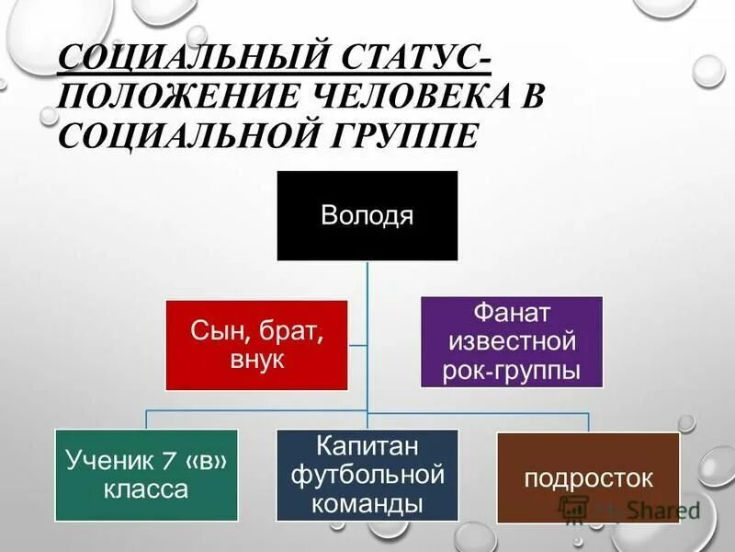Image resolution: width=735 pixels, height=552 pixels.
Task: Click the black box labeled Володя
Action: (367, 214)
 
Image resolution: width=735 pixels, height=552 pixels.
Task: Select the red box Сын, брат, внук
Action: (256, 344)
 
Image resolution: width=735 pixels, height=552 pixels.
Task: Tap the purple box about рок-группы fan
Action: (511, 341)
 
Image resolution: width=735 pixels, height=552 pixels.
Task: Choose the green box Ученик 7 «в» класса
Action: (146, 475)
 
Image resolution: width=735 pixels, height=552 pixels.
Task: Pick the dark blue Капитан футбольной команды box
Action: (367, 475)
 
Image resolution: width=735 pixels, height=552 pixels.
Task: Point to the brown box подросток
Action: (588, 477)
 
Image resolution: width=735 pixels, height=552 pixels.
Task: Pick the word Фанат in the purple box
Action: (511, 313)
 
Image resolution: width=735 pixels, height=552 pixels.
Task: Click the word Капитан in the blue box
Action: (367, 445)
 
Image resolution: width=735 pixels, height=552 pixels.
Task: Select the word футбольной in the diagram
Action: (367, 475)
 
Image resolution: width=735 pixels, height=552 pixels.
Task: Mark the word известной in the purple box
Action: (511, 342)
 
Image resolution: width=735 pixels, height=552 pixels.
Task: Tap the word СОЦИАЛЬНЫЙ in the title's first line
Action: (184, 60)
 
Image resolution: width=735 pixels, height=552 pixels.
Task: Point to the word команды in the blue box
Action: (367, 504)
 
